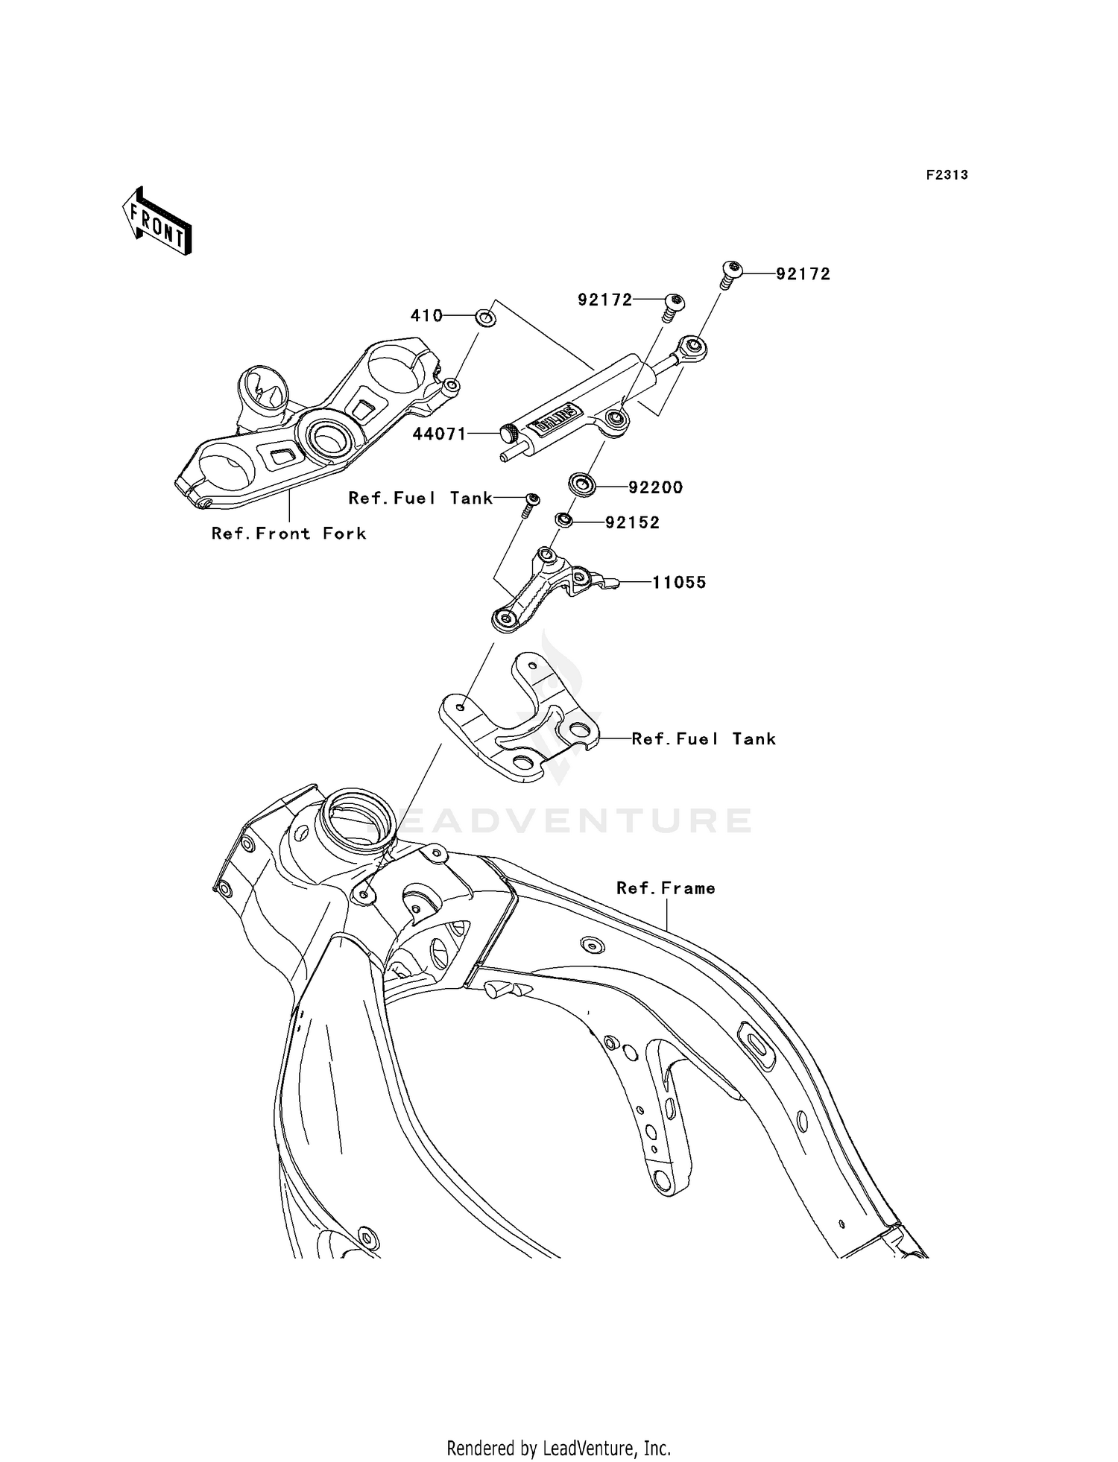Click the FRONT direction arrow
[x=157, y=221]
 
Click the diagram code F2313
[x=947, y=175]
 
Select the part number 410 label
[x=426, y=316]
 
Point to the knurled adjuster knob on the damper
[x=509, y=433]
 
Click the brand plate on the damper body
[x=553, y=419]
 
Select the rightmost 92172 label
[x=803, y=274]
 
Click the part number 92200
[x=655, y=487]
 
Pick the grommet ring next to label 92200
[x=582, y=485]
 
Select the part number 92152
[x=632, y=523]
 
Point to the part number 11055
[x=678, y=583]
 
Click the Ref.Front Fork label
[x=288, y=534]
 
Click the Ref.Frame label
[x=666, y=888]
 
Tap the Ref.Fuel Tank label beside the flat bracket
[x=703, y=739]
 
